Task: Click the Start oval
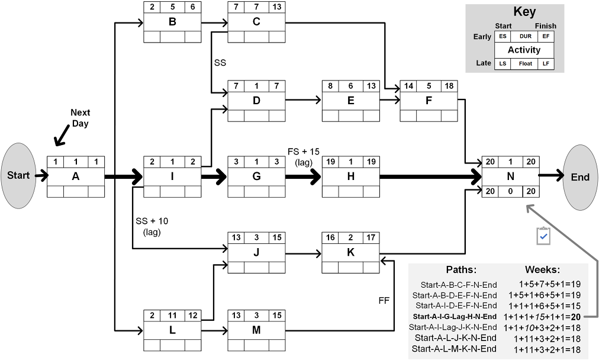(18, 176)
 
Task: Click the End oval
(580, 177)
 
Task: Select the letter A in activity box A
(75, 176)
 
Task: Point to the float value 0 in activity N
(510, 191)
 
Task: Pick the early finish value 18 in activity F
(449, 85)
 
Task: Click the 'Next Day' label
(80, 117)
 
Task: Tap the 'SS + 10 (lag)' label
(152, 226)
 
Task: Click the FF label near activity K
(384, 301)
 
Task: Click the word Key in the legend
(524, 12)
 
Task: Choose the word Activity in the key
(524, 50)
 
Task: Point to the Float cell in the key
(524, 63)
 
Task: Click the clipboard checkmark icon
(543, 236)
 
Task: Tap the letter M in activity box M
(256, 330)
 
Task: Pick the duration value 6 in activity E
(350, 85)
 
